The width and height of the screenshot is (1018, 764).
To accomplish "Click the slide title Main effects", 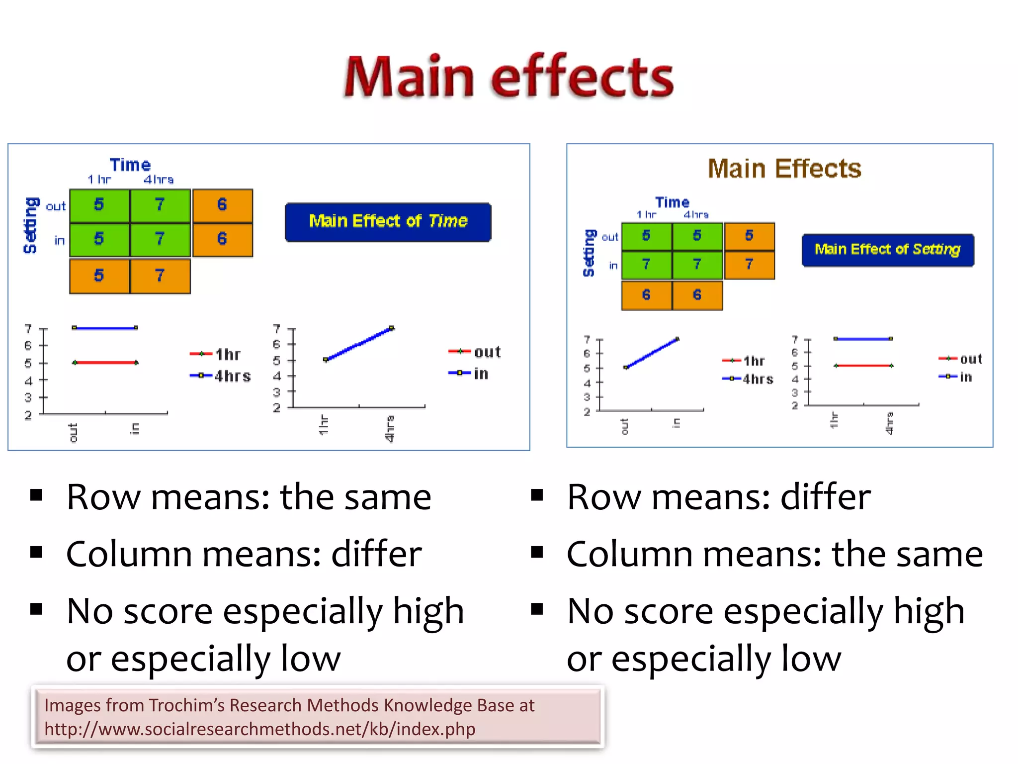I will click(x=508, y=77).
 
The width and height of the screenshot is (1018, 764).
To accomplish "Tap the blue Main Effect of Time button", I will click(x=388, y=222).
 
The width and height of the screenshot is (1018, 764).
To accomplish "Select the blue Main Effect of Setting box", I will click(x=887, y=250).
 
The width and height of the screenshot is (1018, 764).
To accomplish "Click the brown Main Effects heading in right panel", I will click(x=784, y=169).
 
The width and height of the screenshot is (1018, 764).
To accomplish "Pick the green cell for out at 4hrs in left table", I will click(x=160, y=205).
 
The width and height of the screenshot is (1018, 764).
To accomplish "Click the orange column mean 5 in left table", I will click(x=99, y=276).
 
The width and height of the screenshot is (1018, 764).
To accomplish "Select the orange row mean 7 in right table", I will click(x=749, y=265).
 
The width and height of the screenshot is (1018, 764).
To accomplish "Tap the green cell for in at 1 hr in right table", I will click(x=646, y=265).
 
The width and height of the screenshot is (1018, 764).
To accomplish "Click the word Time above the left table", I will click(x=130, y=165).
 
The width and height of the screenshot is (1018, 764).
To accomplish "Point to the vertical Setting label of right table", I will click(x=589, y=253).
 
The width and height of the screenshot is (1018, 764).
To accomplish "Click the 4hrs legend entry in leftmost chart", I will click(x=221, y=376).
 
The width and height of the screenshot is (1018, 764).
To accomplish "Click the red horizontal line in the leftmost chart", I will click(x=105, y=363).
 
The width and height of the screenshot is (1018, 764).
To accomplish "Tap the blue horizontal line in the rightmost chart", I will click(x=862, y=339).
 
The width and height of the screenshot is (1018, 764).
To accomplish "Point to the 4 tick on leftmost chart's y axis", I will click(x=29, y=381).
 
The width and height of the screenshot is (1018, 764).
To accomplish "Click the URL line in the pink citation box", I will click(x=259, y=729).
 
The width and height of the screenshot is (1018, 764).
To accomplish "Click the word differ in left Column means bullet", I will click(x=376, y=554).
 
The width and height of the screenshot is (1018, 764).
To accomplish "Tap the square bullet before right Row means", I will click(x=536, y=495).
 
